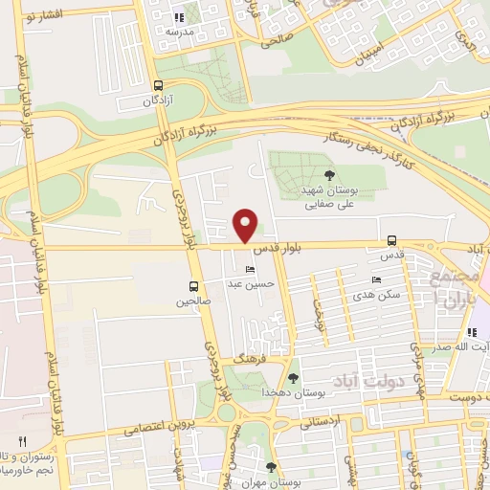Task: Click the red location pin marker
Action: (246, 226)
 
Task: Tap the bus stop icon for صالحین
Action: (195, 286)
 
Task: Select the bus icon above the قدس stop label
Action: (391, 241)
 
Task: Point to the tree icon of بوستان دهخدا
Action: (294, 377)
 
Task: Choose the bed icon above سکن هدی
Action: (375, 280)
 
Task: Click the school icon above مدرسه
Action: (179, 17)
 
